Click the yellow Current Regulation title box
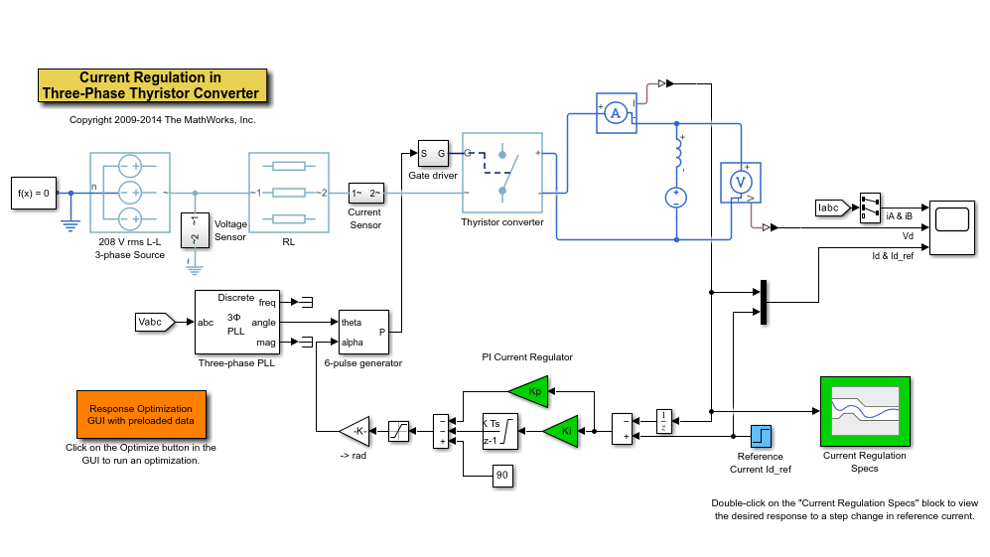click(152, 85)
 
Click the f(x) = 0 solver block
click(32, 193)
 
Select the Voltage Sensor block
click(195, 230)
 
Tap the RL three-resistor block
click(288, 193)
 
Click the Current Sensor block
click(364, 193)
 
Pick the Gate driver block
click(433, 154)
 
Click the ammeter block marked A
click(615, 113)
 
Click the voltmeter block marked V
click(740, 183)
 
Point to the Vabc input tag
click(154, 322)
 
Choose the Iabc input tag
click(831, 208)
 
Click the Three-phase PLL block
click(236, 322)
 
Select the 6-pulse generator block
click(362, 332)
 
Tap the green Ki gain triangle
click(561, 431)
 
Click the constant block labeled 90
click(501, 477)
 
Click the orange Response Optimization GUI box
click(141, 414)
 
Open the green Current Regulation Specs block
click(864, 411)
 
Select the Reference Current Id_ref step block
click(761, 436)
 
